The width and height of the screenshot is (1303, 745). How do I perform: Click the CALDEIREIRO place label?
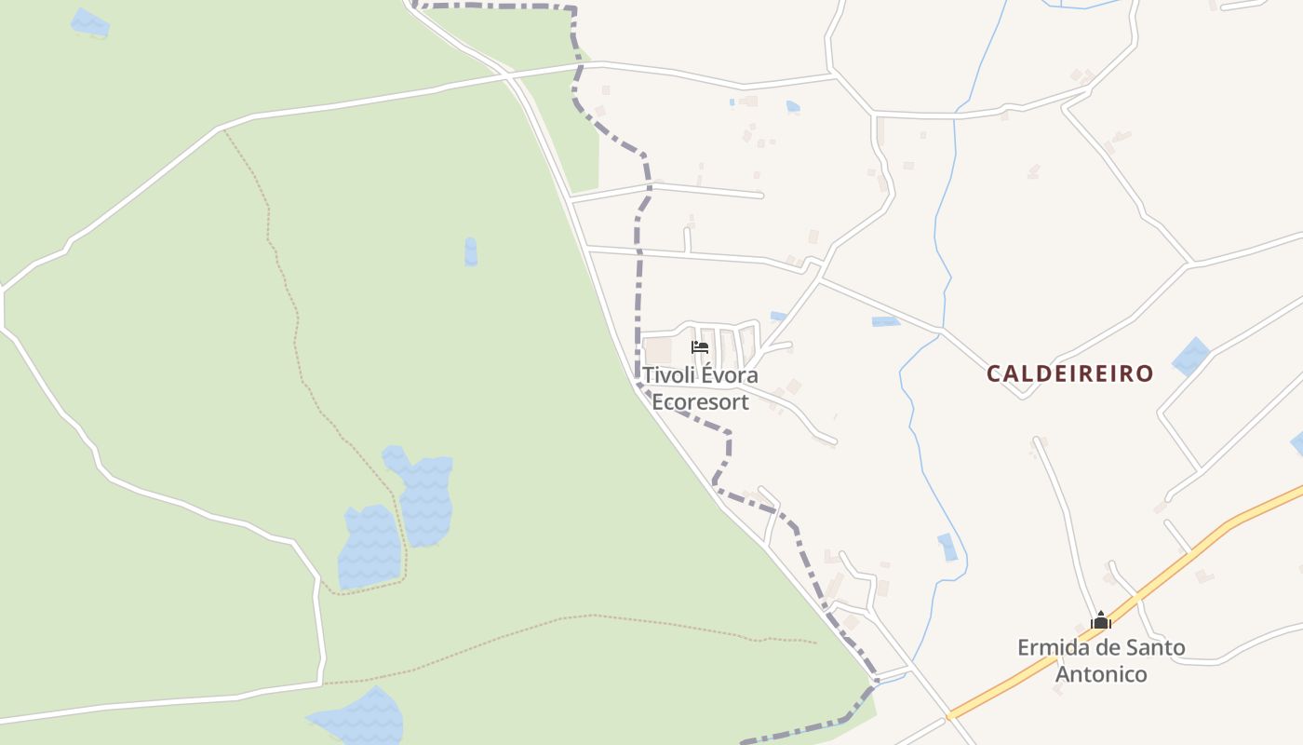click(x=1069, y=374)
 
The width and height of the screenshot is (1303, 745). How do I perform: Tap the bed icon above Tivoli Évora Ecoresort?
click(x=700, y=347)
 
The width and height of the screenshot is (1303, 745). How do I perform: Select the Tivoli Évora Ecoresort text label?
click(x=700, y=388)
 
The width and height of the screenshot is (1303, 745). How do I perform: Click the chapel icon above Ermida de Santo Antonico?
click(x=1101, y=620)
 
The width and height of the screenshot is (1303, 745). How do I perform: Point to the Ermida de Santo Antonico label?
click(x=1101, y=660)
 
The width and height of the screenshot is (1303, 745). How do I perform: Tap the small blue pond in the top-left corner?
click(x=90, y=23)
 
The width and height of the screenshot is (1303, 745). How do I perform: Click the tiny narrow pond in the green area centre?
click(x=471, y=251)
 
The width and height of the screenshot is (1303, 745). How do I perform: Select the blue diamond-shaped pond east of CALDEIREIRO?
click(x=1190, y=357)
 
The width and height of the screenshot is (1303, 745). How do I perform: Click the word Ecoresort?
click(x=700, y=402)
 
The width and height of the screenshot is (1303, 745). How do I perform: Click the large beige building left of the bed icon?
click(x=658, y=351)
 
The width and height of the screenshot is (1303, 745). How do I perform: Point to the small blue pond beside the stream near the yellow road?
click(x=947, y=548)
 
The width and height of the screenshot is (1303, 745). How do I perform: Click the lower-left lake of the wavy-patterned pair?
click(x=369, y=548)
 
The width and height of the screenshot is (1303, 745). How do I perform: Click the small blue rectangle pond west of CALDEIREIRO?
click(x=885, y=321)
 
